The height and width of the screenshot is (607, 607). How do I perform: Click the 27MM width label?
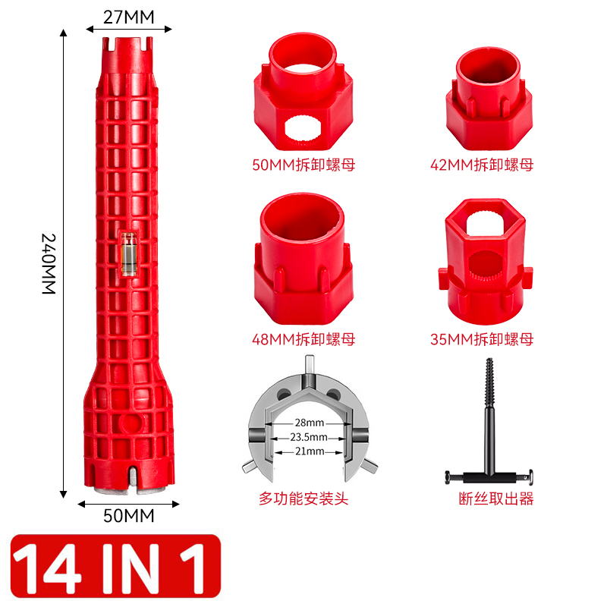coord(128,17)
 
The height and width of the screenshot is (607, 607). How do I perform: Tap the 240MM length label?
coord(49,263)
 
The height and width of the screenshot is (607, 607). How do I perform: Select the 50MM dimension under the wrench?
coord(128,516)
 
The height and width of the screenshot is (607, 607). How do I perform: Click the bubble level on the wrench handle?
coord(128,255)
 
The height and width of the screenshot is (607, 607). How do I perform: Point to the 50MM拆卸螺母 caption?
coord(303,165)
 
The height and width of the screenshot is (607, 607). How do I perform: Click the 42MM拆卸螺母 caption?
coord(482,165)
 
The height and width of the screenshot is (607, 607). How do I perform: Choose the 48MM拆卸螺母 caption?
coord(303,339)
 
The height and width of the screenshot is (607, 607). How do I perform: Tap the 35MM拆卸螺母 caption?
coord(482,339)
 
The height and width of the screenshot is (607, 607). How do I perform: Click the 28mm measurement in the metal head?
coord(310,423)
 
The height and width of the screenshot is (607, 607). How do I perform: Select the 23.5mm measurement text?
coord(309,437)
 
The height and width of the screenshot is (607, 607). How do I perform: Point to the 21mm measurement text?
coord(310,451)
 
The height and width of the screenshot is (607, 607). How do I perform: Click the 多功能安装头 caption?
coord(303,498)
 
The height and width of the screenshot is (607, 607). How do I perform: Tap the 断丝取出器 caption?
coord(496,498)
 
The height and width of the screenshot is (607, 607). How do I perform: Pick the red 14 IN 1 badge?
coord(115,566)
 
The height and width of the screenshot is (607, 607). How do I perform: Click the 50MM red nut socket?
coord(303,92)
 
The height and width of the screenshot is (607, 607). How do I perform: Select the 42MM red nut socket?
coord(489,99)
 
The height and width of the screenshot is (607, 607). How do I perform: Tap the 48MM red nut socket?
coord(303,259)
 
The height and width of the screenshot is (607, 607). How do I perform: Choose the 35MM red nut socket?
coord(486,262)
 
